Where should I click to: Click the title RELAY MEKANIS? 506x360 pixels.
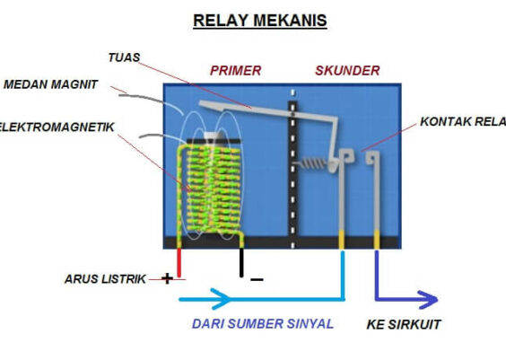pyautogui.click(x=260, y=21)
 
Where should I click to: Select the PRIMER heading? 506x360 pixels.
pyautogui.click(x=235, y=70)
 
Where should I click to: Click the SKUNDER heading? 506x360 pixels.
pyautogui.click(x=347, y=70)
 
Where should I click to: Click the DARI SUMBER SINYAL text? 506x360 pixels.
pyautogui.click(x=262, y=324)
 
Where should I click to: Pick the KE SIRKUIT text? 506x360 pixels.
pyautogui.click(x=404, y=324)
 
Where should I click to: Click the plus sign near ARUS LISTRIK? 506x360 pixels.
pyautogui.click(x=166, y=278)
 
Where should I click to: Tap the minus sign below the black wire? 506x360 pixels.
pyautogui.click(x=257, y=280)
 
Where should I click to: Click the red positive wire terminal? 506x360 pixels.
pyautogui.click(x=179, y=263)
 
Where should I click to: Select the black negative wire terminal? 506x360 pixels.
pyautogui.click(x=240, y=263)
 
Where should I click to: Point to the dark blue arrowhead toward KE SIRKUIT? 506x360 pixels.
pyautogui.click(x=425, y=300)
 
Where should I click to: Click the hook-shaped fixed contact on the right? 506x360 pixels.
pyautogui.click(x=373, y=162)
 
